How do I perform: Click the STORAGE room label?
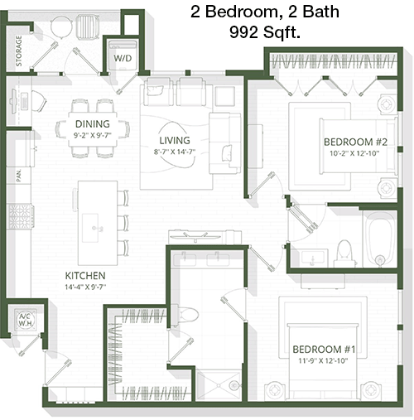point(19,51)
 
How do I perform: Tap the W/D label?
point(123,58)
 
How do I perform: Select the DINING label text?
point(93,124)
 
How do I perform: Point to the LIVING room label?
point(175,140)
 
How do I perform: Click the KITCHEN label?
point(85,276)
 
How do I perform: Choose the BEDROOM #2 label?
point(355,142)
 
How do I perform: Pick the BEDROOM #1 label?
point(324,350)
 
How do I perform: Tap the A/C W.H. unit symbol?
point(26,320)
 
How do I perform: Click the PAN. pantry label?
point(19,176)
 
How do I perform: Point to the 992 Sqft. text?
point(265,32)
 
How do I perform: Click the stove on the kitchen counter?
point(20,216)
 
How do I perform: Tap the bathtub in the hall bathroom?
point(380,239)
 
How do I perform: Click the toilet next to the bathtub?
point(344,253)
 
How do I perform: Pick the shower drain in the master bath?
point(233,384)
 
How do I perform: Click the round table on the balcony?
point(61,27)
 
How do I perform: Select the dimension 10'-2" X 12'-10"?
point(354,153)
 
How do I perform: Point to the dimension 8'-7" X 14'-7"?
point(175,152)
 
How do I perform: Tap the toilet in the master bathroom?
point(185,315)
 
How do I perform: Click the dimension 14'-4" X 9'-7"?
point(85,287)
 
